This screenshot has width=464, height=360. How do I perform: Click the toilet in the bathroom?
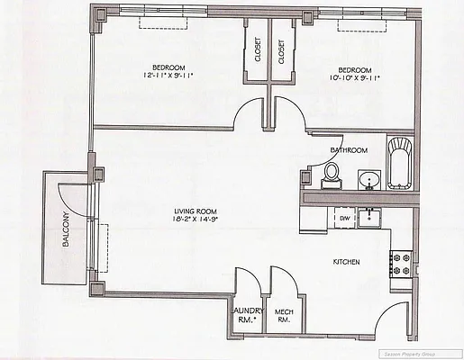[332, 174]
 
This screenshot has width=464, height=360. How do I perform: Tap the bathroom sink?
[368, 181]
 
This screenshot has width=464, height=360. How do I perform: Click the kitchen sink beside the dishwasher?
[368, 216]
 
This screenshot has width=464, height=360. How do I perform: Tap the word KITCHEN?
[347, 262]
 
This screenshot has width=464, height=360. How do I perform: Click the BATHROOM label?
[348, 149]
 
